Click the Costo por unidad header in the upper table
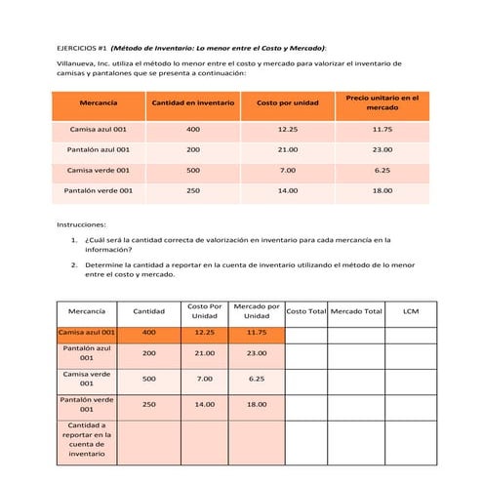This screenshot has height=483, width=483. (x=287, y=102)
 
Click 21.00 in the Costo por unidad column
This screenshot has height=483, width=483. (x=287, y=149)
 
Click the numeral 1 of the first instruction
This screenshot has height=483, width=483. (x=75, y=238)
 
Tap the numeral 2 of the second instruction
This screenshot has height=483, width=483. (x=75, y=263)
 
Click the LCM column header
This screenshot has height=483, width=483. (x=411, y=311)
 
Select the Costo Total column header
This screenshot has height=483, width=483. (x=305, y=311)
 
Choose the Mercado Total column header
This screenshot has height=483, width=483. (x=356, y=311)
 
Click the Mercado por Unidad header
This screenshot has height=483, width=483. (x=257, y=311)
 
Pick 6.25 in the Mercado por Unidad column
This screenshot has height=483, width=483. (x=257, y=379)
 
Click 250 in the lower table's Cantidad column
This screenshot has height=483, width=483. (x=148, y=404)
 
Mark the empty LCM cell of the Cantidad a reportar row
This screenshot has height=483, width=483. (x=411, y=440)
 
